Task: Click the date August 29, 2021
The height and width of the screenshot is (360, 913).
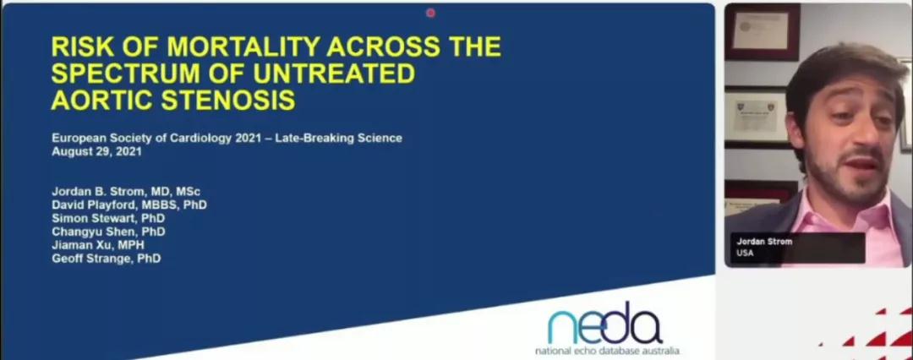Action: [x=96, y=152]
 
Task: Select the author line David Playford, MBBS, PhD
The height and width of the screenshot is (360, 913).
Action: [x=129, y=205]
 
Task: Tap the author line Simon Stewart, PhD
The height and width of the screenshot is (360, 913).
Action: [x=108, y=218]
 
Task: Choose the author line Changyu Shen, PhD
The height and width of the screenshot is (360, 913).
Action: [x=108, y=232]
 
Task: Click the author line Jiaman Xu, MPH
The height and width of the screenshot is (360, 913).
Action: [x=98, y=245]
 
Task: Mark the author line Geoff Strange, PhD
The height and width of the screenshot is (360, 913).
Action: [x=107, y=258]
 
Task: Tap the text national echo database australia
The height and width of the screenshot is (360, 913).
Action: [x=607, y=352]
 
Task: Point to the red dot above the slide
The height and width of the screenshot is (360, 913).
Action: [x=430, y=12]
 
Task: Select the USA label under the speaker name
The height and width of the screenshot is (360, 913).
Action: [x=745, y=253]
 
